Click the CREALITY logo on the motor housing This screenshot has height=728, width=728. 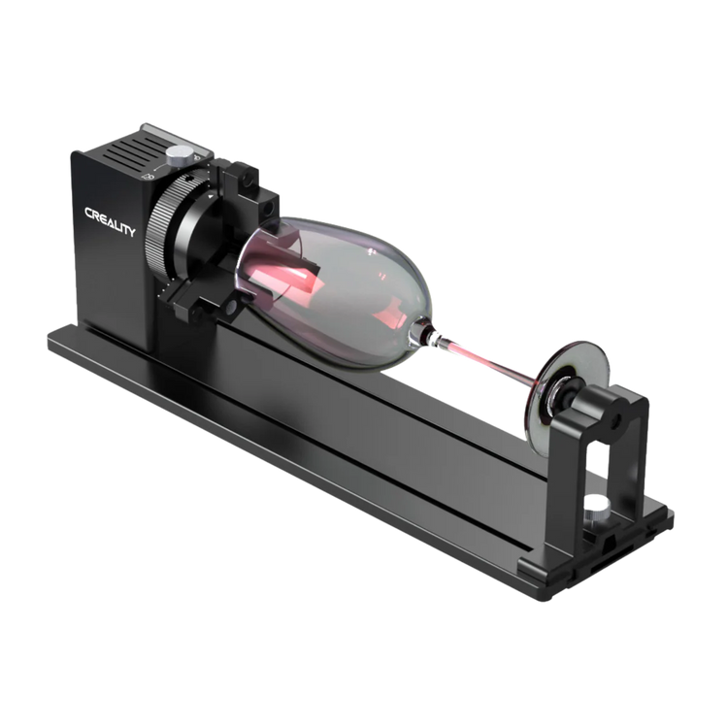coord(110,222)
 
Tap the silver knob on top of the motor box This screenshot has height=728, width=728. coord(180,155)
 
